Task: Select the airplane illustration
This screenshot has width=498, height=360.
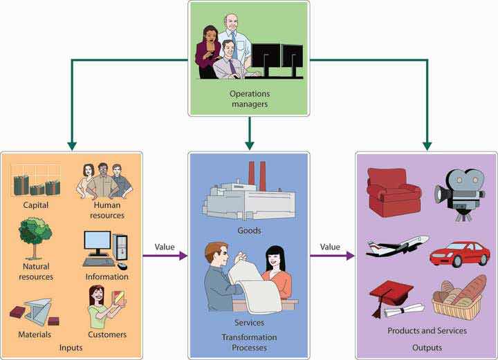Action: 397,247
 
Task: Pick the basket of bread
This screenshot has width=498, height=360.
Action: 459,296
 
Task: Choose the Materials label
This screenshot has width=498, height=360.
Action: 35,335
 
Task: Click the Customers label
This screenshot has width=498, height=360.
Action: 107,335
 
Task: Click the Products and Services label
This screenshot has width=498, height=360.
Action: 426,331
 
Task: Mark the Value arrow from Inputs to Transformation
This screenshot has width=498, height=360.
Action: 166,256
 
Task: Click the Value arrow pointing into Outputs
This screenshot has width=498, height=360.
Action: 333,256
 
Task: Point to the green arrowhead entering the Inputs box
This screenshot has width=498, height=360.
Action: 71,146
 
